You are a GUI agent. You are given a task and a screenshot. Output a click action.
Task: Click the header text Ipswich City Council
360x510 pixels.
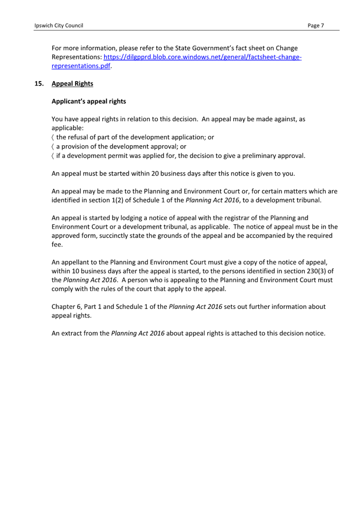59,26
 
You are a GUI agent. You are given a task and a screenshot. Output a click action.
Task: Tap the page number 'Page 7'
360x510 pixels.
316,26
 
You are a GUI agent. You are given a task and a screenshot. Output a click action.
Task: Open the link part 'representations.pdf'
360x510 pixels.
81,66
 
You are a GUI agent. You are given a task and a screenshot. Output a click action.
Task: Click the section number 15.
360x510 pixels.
39,84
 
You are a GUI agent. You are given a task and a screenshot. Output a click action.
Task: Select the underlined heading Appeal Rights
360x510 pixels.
72,84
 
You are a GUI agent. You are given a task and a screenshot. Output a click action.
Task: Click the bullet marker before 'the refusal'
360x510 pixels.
53,138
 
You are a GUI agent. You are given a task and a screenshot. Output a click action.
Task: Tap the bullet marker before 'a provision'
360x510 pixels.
53,147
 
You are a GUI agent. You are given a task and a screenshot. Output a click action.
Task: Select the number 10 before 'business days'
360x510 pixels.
76,271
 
